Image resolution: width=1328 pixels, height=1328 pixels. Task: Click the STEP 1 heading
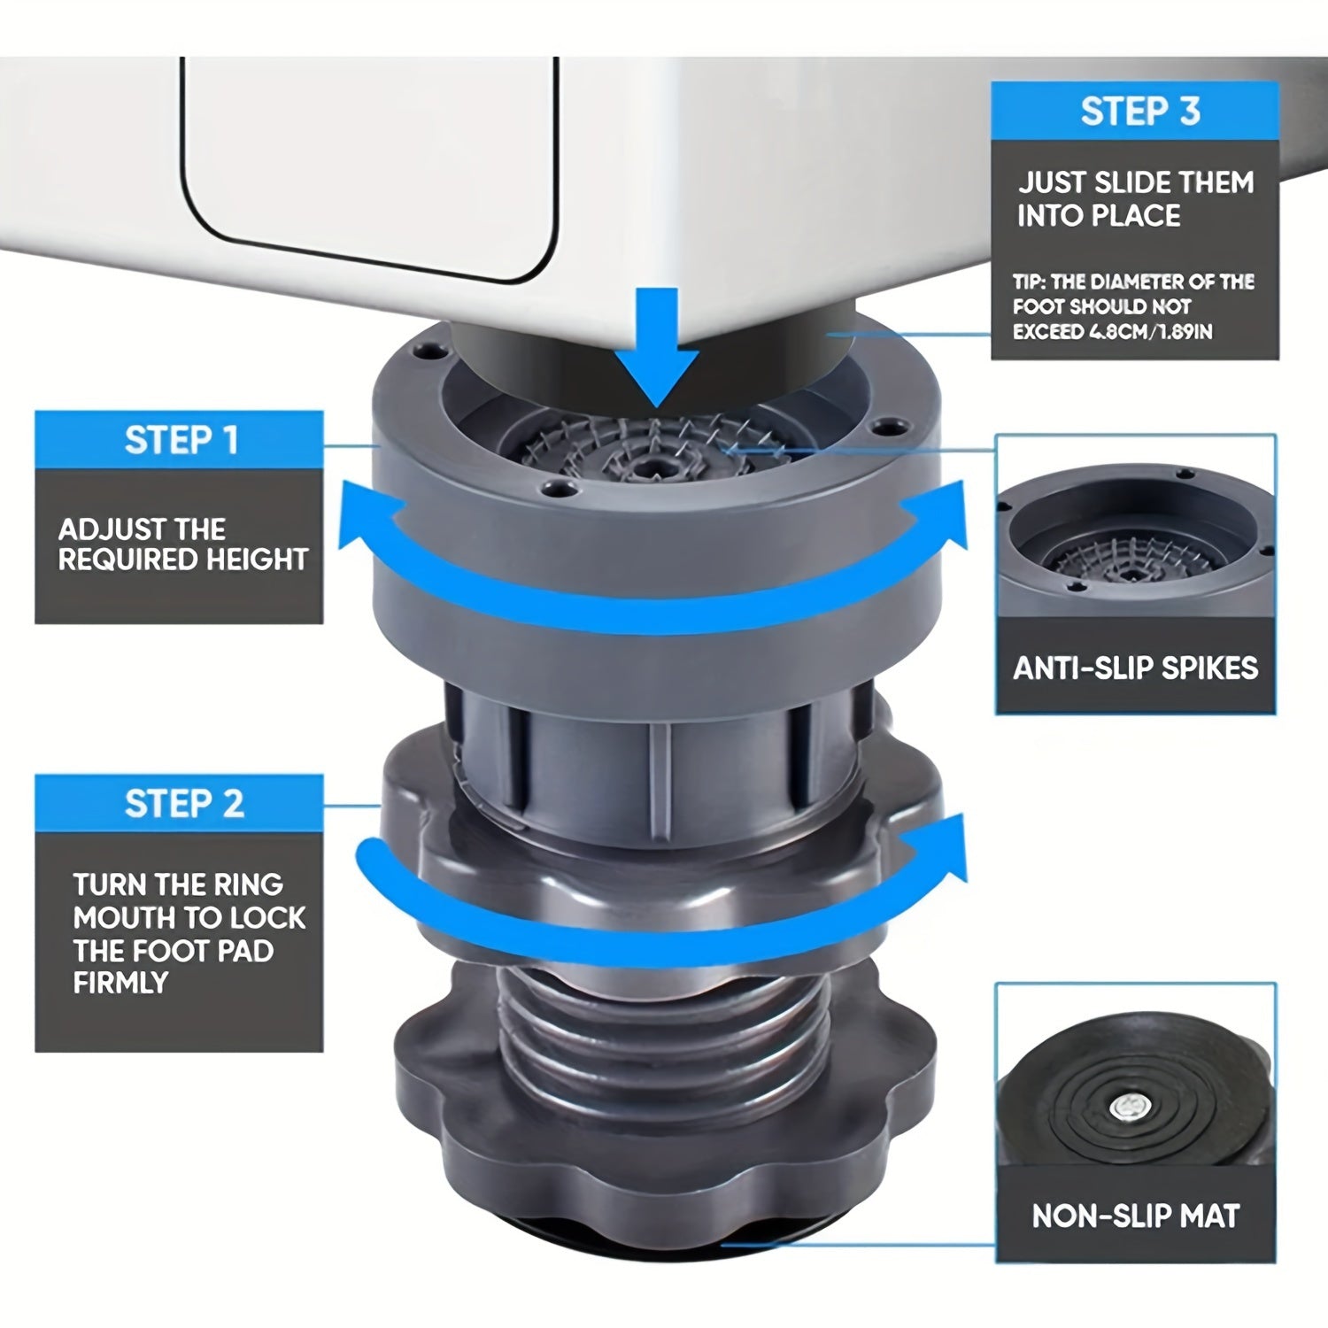[180, 440]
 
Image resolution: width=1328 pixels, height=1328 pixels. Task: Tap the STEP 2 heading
[182, 804]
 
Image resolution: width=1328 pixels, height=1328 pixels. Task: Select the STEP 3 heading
[1139, 112]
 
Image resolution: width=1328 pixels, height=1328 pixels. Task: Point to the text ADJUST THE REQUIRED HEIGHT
[181, 544]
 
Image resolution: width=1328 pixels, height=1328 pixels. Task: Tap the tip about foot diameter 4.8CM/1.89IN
[1133, 306]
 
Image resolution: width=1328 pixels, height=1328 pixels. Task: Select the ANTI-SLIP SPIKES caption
[1135, 668]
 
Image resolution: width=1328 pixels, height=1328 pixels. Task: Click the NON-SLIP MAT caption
[1135, 1216]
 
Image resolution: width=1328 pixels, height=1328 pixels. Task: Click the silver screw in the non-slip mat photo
[1130, 1108]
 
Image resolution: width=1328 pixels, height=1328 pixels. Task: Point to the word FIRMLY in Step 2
[120, 983]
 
